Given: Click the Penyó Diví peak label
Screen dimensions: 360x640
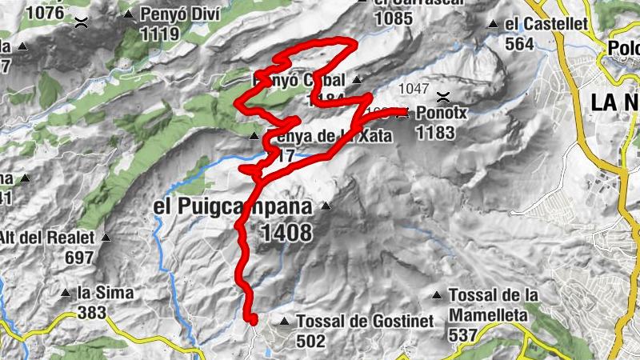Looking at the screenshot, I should [170, 14].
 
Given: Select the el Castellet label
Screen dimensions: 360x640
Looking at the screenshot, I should [546, 24].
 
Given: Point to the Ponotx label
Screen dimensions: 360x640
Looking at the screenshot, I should [442, 114].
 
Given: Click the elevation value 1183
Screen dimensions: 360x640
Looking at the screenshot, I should [435, 132].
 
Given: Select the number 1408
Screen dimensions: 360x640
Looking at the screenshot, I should [286, 232].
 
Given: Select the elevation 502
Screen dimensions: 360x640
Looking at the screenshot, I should [310, 340].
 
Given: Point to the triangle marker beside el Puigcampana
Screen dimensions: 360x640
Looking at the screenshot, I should [325, 207].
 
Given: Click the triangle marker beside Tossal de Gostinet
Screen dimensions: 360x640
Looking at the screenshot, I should [284, 322].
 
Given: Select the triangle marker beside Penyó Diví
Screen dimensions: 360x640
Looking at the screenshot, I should [130, 14].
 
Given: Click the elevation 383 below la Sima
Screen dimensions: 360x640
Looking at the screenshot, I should [92, 312].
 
